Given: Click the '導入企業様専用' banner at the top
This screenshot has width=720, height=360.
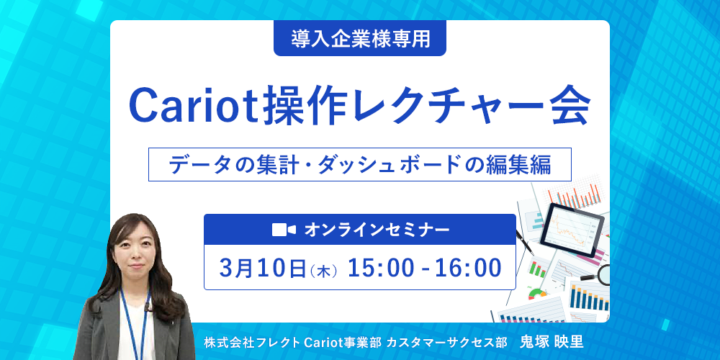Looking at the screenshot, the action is [x=360, y=39].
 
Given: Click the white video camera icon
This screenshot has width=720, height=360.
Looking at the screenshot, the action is [x=284, y=230].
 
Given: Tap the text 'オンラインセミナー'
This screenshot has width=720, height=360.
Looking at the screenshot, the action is [x=377, y=230].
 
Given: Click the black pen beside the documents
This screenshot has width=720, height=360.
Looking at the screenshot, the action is [x=524, y=242].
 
